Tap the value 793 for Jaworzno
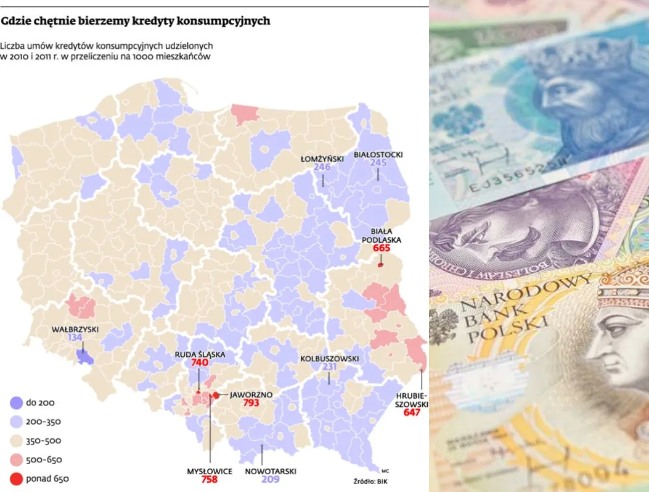coord(251,402)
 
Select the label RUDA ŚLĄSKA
coord(199,354)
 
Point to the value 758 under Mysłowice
coord(210,479)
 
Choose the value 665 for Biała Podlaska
coord(382,248)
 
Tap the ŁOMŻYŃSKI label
coord(322,159)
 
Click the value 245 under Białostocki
coord(378,163)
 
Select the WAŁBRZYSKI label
coord(75,329)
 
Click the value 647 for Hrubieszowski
coord(411,412)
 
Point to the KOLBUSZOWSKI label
coord(330,359)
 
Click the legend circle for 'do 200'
coord(15,403)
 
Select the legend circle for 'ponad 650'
coord(15,478)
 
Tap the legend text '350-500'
coord(44,441)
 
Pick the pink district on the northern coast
coord(245,114)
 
